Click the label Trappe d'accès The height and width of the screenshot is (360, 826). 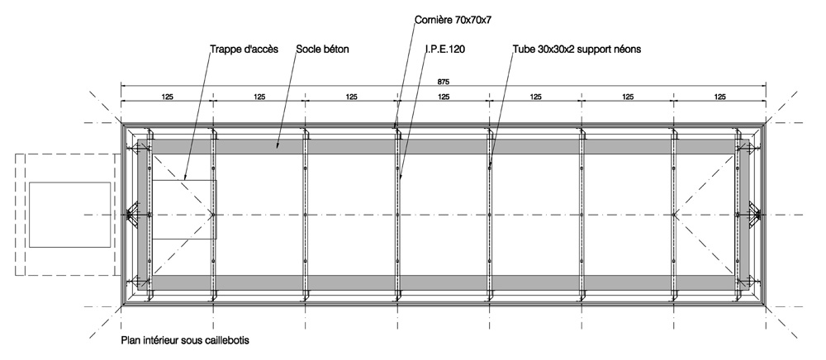click(x=244, y=50)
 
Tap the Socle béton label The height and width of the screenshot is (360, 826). click(x=322, y=50)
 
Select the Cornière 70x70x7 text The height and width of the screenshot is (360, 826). click(x=453, y=21)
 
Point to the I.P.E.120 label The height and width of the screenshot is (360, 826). click(x=445, y=50)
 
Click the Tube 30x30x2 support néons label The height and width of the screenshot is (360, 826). click(x=577, y=50)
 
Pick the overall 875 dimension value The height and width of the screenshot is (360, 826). click(x=444, y=82)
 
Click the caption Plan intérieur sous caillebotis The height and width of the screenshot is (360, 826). click(x=185, y=340)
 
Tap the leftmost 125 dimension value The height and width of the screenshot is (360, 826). click(x=168, y=97)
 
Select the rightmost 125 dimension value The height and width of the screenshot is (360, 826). click(x=720, y=97)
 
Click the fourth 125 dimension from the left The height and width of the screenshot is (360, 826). click(x=444, y=97)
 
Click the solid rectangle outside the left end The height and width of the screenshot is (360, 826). click(x=69, y=215)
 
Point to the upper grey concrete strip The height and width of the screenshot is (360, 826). click(x=443, y=146)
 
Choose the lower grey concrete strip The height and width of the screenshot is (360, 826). click(x=443, y=282)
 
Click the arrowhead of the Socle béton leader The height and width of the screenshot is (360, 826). click(x=278, y=147)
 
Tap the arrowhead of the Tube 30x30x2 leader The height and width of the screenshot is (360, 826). click(x=490, y=167)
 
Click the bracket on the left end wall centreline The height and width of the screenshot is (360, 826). click(x=133, y=215)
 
